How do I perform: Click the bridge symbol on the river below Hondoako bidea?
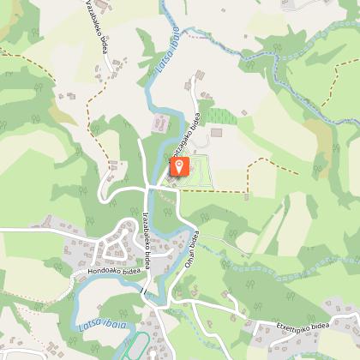(x=144, y=293)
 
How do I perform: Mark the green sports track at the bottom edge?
(x=135, y=348)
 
